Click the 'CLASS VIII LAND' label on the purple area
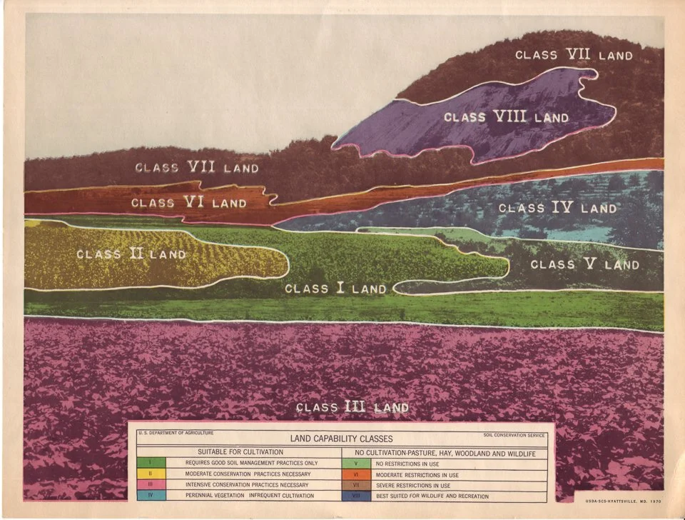coord(506,117)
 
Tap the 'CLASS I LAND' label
coord(335,289)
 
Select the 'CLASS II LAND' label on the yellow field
coord(131,254)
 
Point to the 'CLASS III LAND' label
coord(352,407)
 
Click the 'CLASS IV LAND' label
coord(557,208)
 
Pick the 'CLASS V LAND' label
coord(584,264)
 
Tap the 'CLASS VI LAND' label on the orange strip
coord(188,203)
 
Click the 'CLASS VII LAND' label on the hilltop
coord(574,55)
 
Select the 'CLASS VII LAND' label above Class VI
coord(196,168)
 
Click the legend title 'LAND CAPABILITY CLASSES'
coord(340,439)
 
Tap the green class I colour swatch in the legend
coord(151,463)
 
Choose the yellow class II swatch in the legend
coord(151,474)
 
